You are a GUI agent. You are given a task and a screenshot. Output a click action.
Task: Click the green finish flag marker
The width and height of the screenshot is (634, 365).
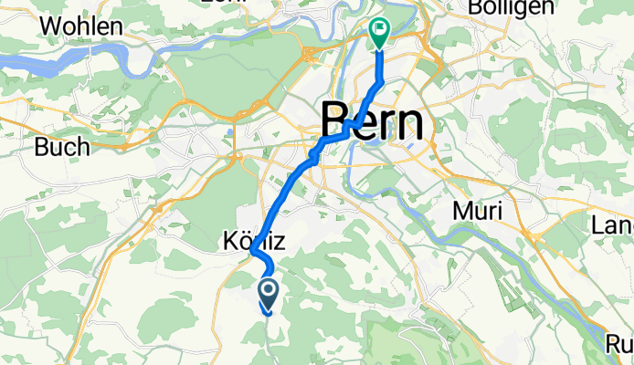click(x=380, y=33)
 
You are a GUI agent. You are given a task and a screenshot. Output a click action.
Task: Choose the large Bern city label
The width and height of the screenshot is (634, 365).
click(x=373, y=120)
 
